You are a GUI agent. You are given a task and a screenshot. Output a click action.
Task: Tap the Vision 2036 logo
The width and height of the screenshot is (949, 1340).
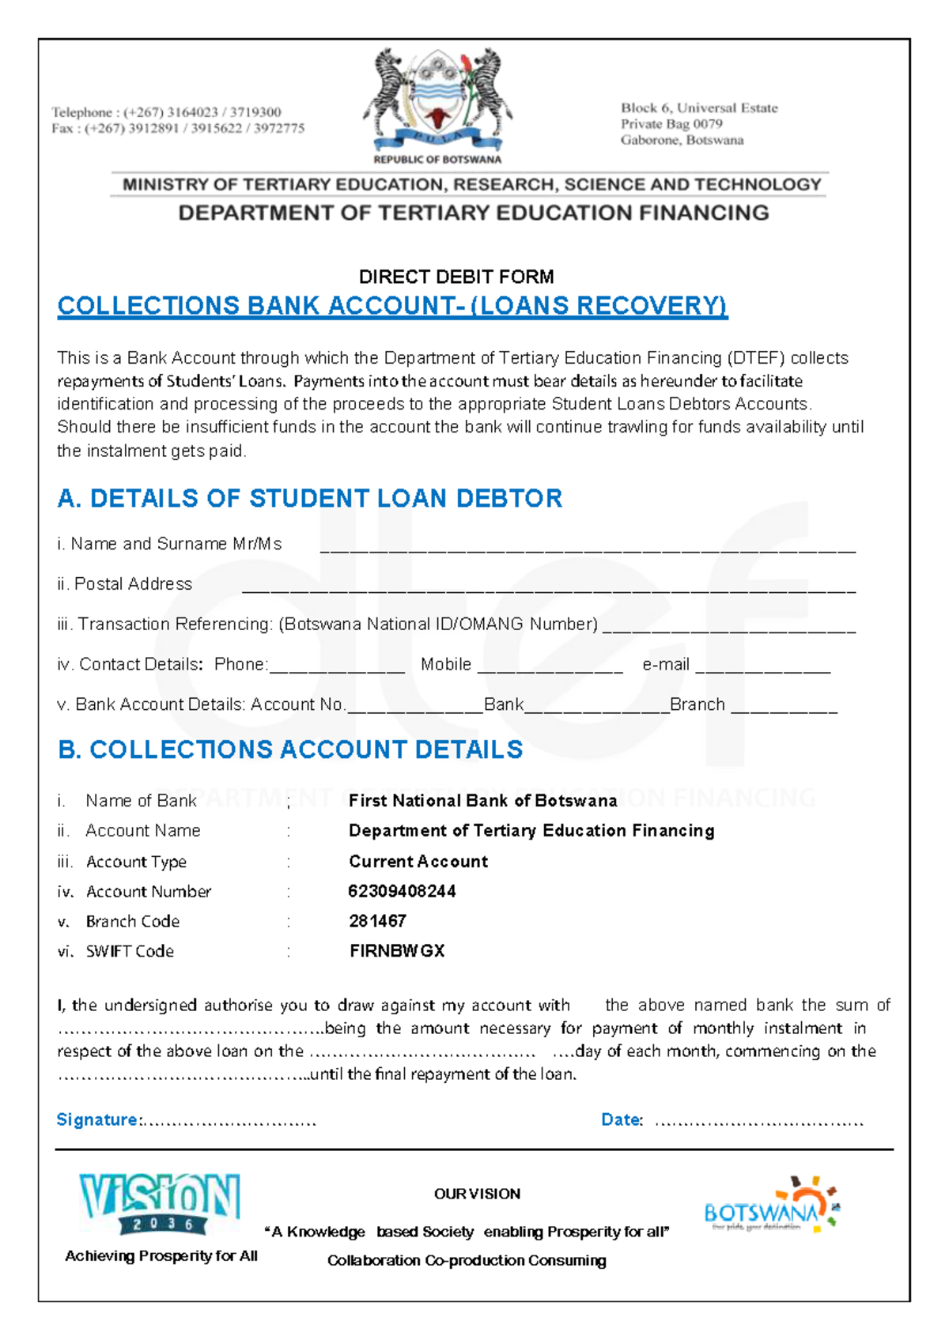tap(160, 1203)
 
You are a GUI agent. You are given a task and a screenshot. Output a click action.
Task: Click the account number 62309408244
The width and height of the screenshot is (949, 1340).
tap(402, 891)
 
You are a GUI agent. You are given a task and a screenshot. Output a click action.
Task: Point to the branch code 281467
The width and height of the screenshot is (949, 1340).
tap(377, 921)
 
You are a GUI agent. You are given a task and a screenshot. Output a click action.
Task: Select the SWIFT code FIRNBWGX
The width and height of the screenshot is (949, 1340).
tap(397, 951)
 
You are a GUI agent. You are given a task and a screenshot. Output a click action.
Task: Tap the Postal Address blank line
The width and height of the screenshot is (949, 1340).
tap(548, 589)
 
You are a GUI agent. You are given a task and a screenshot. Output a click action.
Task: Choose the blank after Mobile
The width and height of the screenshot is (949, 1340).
tap(550, 670)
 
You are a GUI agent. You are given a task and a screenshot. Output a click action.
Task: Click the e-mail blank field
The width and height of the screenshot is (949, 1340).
tap(762, 670)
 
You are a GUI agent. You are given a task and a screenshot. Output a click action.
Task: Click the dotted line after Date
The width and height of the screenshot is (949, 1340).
tap(758, 1122)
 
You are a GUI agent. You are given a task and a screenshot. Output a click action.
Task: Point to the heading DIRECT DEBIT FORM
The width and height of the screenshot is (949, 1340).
tap(456, 277)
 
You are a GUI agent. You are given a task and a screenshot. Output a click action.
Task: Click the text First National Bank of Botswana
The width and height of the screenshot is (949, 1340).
tap(482, 801)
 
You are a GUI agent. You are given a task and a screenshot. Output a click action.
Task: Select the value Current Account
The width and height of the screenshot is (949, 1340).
tap(418, 862)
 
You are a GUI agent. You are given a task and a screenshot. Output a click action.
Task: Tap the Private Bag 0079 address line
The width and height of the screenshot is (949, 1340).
tap(671, 124)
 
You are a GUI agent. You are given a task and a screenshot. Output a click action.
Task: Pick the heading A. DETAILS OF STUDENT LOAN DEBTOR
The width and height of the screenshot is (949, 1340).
tap(309, 498)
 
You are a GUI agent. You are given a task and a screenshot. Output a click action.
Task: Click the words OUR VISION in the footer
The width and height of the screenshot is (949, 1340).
tap(477, 1194)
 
